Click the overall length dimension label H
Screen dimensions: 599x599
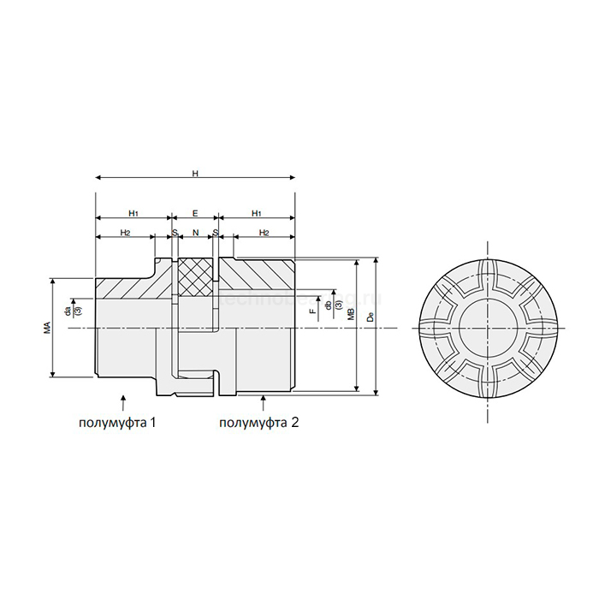click(195, 174)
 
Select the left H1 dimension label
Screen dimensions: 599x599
click(133, 211)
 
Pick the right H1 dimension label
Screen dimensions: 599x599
click(256, 211)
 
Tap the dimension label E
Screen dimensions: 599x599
click(195, 211)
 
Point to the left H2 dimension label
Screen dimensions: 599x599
click(125, 232)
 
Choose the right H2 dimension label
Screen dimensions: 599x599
click(264, 232)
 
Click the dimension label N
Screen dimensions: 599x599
click(195, 232)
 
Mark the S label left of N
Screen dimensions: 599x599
click(174, 232)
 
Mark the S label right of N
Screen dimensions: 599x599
click(216, 232)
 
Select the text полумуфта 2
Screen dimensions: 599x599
click(258, 423)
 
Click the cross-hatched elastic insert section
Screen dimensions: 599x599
click(194, 276)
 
